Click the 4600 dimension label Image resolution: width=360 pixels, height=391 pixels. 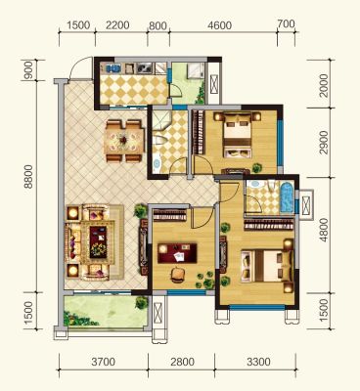click(220, 25)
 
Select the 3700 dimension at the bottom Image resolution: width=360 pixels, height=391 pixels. click(103, 362)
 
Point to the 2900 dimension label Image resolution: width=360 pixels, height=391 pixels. click(324, 143)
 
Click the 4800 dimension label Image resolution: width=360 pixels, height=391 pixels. click(324, 230)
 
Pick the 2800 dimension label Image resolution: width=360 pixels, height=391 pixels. click(182, 362)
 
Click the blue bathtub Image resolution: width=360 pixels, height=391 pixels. click(287, 197)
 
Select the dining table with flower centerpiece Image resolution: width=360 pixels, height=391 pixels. click(124, 141)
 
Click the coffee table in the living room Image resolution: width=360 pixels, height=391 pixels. click(98, 242)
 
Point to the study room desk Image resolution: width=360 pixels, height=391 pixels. click(177, 253)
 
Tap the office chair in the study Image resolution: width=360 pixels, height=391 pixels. click(177, 275)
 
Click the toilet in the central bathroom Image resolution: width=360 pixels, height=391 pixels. click(159, 140)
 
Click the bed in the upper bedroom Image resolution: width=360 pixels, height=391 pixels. click(238, 135)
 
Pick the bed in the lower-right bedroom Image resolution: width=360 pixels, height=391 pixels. click(265, 266)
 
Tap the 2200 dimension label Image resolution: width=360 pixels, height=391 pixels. click(117, 25)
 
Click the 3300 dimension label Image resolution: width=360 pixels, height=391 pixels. click(258, 362)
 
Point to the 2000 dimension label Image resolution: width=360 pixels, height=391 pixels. click(324, 85)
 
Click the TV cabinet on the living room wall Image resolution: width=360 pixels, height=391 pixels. click(143, 247)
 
